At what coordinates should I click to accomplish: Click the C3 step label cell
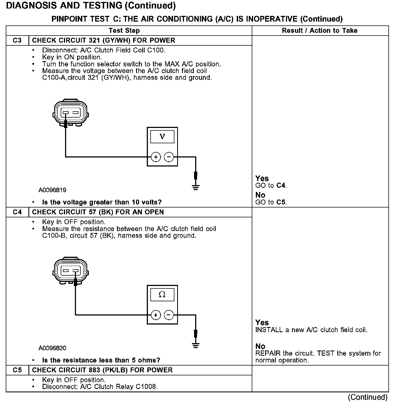coord(17,40)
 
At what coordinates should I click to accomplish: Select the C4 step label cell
coord(17,212)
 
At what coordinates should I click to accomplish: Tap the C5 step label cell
coord(17,370)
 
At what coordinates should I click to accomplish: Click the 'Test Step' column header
coord(124,31)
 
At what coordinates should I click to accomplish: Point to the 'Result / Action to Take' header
coord(320,31)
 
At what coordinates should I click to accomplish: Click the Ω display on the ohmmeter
coord(162,295)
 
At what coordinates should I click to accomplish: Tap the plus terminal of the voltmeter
coord(156,157)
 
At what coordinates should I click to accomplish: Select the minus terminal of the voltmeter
coord(169,157)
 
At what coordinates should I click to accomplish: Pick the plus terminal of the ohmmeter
coord(156,315)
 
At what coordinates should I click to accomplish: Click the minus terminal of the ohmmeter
coord(169,315)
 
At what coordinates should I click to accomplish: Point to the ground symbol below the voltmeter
coord(196,187)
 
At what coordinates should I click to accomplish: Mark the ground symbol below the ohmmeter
coord(196,345)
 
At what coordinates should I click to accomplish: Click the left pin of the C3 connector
coord(65,113)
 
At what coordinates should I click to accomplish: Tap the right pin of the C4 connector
coord(75,271)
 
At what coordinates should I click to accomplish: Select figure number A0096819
coord(52,190)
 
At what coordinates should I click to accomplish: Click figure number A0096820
coord(52,348)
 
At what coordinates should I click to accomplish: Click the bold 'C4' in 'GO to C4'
coord(281,186)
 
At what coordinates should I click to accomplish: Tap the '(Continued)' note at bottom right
coord(367,397)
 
